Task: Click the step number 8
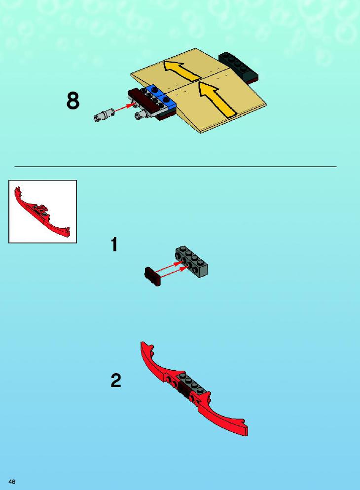[73, 101]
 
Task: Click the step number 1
[114, 245]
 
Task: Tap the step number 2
[115, 380]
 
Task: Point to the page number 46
[12, 481]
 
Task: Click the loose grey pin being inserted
[103, 114]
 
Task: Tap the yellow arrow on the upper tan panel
[181, 70]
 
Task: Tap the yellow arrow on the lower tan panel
[216, 99]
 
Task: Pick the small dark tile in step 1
[153, 276]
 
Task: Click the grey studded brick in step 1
[191, 262]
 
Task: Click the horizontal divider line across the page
[175, 167]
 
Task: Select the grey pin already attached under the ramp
[141, 114]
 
